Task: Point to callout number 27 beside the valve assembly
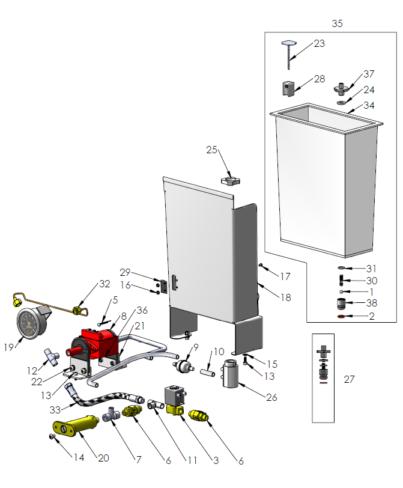tap(349, 379)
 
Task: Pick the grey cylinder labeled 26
tap(231, 375)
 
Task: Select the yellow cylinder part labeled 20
tap(77, 425)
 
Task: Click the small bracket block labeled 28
tap(289, 89)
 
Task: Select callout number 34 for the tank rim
tap(369, 106)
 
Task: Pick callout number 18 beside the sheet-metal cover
tap(285, 296)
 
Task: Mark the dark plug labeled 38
tap(341, 303)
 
